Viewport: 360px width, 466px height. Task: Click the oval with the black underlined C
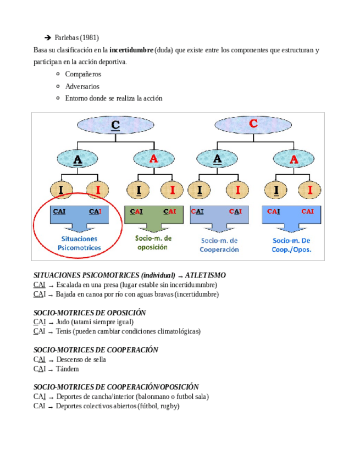coord(115,125)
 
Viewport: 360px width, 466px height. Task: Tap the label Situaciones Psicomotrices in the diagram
coord(79,243)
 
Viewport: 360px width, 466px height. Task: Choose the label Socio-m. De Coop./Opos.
coord(292,245)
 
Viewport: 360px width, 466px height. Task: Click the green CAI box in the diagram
coord(153,214)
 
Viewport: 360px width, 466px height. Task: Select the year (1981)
coord(90,38)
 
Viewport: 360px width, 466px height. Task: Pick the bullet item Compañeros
coord(83,74)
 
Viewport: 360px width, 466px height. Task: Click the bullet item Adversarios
coord(82,86)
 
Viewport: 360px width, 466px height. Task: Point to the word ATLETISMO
coord(206,275)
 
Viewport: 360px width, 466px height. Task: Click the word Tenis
coord(64,331)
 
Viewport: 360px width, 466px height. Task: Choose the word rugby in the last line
coord(168,406)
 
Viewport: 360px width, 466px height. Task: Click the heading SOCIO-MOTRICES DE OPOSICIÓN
coord(90,313)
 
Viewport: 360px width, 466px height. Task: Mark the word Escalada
coord(70,285)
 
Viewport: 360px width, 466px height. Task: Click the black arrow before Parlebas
coord(48,38)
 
